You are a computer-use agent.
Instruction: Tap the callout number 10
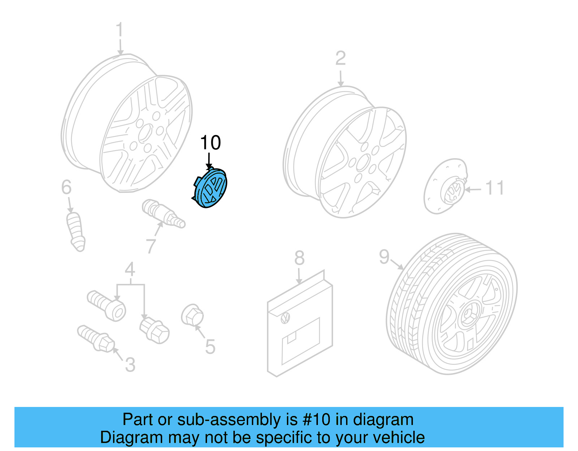[210, 143]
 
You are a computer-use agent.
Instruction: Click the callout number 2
[340, 58]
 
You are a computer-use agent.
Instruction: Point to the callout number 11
[495, 188]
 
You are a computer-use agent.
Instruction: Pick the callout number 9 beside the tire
[384, 257]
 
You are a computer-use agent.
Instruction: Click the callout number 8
[299, 258]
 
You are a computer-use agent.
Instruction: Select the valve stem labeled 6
[76, 231]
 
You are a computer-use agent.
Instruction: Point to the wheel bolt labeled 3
[96, 338]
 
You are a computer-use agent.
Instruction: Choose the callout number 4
[130, 270]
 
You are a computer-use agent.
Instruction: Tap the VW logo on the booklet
[285, 318]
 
